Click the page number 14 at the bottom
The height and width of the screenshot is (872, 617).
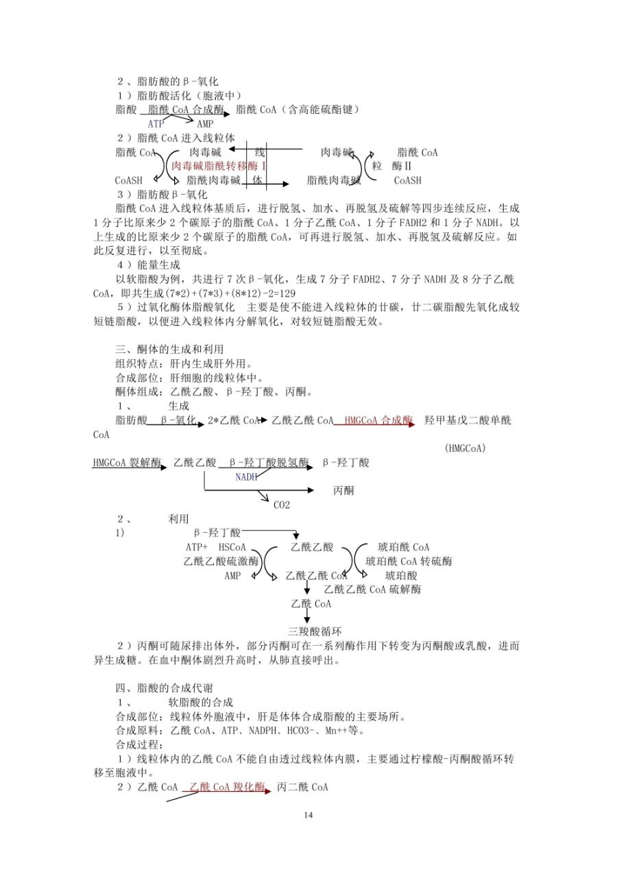click(x=308, y=815)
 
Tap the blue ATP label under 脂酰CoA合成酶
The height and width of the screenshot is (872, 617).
click(x=156, y=124)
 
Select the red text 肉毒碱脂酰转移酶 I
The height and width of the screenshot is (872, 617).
click(x=219, y=167)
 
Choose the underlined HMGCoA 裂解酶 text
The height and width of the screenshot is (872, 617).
click(x=127, y=463)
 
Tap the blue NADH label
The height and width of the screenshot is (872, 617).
click(x=247, y=476)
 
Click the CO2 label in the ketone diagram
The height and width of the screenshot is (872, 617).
click(x=282, y=505)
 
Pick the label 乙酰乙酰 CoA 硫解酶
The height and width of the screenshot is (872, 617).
click(x=372, y=589)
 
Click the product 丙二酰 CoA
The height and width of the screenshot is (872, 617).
click(x=302, y=787)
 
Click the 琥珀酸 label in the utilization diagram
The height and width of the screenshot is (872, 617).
click(x=401, y=575)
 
